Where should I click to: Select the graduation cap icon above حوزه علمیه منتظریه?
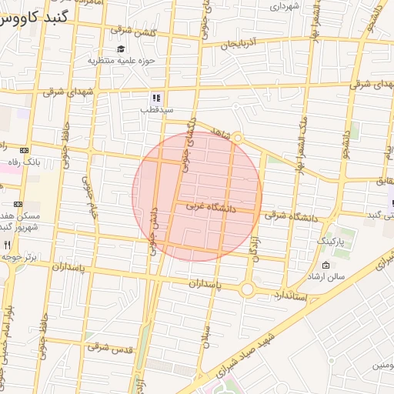[x=121, y=49]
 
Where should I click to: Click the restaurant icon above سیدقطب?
[x=156, y=98]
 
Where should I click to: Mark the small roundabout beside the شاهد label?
[x=238, y=139]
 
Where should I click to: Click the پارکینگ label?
[x=332, y=241]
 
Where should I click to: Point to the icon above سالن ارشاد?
[x=326, y=265]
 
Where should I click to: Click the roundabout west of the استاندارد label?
[x=247, y=289]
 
